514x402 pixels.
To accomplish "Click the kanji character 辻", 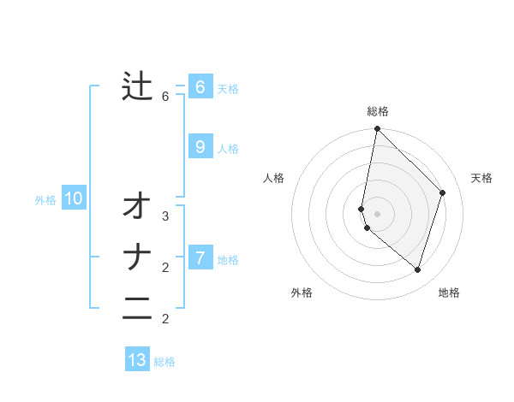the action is point(137,86).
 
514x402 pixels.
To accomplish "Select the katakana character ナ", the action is point(137,257).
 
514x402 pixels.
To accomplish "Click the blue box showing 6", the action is point(200,87).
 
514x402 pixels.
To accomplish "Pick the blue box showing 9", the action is point(200,147).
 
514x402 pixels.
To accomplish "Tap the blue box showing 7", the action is point(200,257).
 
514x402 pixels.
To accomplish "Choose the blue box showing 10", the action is point(74,199).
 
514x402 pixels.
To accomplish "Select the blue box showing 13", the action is point(137,360).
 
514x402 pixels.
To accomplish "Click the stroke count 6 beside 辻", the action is point(165,97).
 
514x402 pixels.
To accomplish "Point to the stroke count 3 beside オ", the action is point(165,216).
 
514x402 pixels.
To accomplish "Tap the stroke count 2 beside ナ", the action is point(165,268).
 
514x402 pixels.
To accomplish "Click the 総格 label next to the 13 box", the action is point(164,362).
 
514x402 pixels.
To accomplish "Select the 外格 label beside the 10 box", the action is point(45,200).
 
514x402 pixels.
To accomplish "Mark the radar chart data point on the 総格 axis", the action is point(377,129).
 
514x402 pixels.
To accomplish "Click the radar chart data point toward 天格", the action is point(443,192).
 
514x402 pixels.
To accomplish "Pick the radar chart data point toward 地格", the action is point(417,269).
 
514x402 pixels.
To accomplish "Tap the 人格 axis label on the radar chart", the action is point(273,178).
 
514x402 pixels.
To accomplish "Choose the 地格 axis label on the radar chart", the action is point(449,293).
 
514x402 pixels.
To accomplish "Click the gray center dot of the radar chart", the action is point(377,213).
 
